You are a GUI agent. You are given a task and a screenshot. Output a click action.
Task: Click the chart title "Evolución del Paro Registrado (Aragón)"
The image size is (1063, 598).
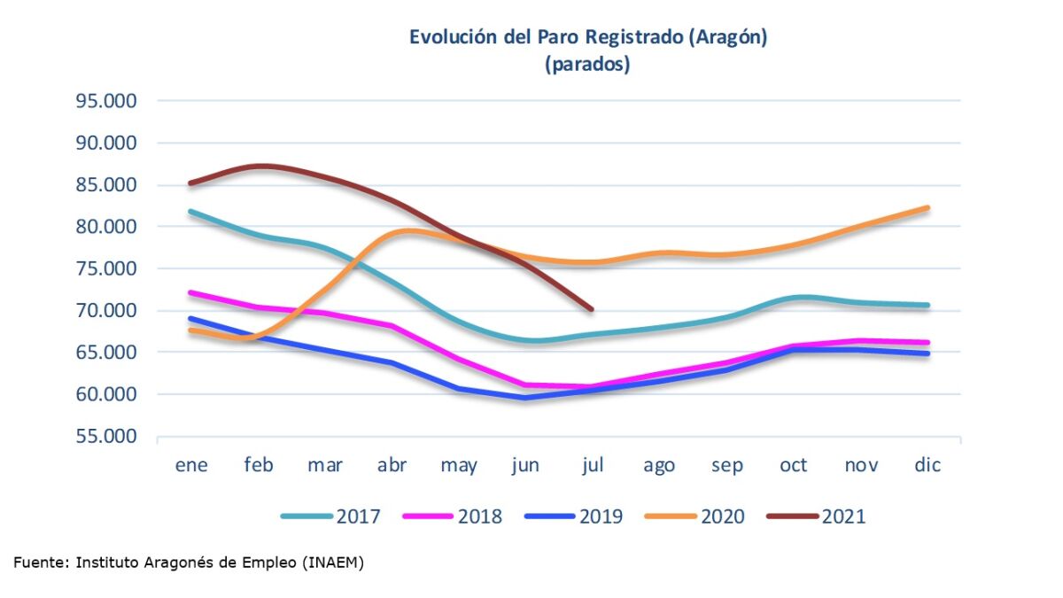coord(587,37)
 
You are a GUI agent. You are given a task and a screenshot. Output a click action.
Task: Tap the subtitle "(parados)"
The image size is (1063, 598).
coord(587,65)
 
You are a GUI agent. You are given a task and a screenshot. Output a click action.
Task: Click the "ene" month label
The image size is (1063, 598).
coord(191,465)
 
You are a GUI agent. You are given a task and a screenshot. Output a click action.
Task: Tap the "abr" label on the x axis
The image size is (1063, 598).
coord(392,465)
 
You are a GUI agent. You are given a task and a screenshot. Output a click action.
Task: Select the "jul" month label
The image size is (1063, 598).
coord(592,465)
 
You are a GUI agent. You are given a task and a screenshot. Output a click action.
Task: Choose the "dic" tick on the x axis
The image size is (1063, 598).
coord(927,465)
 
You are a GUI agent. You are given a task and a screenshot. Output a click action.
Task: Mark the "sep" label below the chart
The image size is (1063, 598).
coord(726,465)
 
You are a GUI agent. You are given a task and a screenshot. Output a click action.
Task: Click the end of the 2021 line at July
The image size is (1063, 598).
coord(592,310)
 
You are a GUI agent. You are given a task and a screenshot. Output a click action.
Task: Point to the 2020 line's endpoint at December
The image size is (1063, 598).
coord(927,208)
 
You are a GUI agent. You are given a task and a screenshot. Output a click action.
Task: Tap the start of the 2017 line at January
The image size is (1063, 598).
coord(191,212)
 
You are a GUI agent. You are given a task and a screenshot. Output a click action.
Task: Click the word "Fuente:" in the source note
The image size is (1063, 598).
coord(41,563)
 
